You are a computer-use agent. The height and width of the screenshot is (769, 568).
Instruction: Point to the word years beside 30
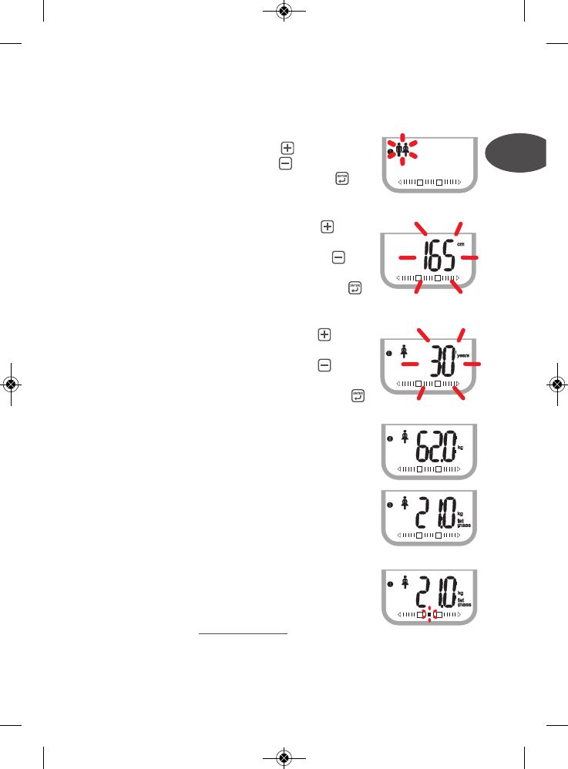pyautogui.click(x=463, y=357)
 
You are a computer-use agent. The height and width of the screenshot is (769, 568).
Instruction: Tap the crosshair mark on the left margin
pyautogui.click(x=11, y=384)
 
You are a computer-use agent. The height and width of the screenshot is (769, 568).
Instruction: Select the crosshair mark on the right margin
pyautogui.click(x=556, y=384)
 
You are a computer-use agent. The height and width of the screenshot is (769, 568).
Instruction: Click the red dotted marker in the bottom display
pyautogui.click(x=430, y=615)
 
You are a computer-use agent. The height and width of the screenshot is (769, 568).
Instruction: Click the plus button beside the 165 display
pyautogui.click(x=327, y=227)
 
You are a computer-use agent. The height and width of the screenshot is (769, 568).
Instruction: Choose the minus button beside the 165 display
pyautogui.click(x=338, y=258)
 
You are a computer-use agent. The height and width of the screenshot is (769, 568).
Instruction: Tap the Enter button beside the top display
pyautogui.click(x=341, y=179)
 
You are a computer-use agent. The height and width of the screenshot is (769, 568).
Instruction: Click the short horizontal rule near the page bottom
pyautogui.click(x=243, y=634)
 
